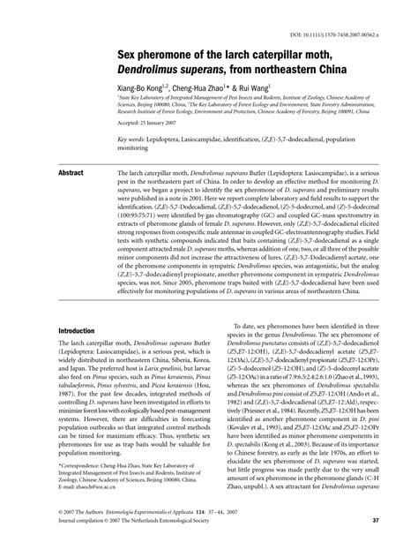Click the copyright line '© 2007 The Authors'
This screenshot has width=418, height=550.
tap(80, 535)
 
